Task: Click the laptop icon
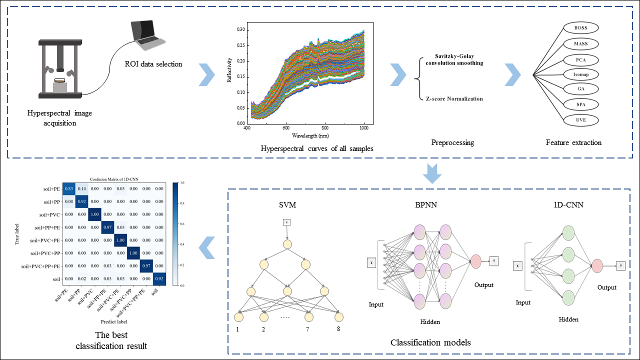[x=144, y=35]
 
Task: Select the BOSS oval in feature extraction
[x=580, y=28]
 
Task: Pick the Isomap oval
[x=580, y=74]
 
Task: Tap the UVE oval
[x=580, y=120]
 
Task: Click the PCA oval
[x=580, y=59]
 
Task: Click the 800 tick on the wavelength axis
[x=325, y=128]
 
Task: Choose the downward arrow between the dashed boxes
[x=432, y=173]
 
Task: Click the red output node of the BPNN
[x=475, y=261]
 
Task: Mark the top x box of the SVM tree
[x=287, y=222]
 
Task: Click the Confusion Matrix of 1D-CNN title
[x=114, y=178]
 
